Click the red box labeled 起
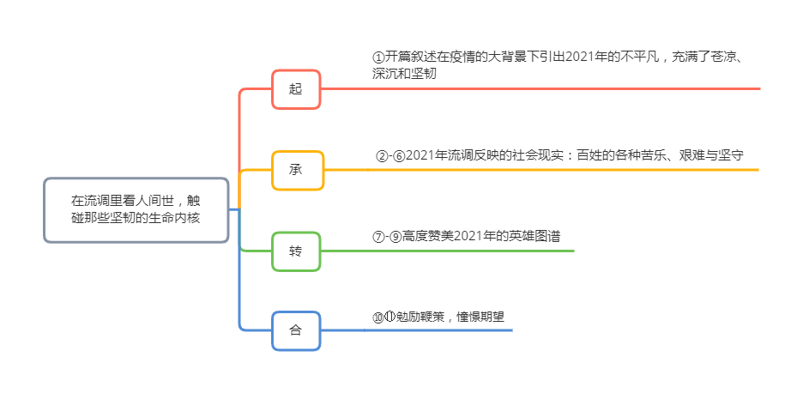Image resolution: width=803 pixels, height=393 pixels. pos(296,89)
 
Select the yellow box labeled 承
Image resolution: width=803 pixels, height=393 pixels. pos(296,170)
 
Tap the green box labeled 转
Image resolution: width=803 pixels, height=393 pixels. pos(296,251)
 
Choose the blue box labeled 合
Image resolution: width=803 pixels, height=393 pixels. pos(296,330)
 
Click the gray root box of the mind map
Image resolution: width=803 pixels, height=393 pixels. pos(136,210)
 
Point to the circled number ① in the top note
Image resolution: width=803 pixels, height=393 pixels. pos(379,57)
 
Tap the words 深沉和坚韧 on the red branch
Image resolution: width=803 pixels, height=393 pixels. pos(404,74)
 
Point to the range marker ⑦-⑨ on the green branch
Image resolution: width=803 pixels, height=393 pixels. pos(387,237)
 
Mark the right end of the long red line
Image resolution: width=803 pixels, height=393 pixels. pos(759,88)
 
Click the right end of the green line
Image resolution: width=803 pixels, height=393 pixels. pos(572,251)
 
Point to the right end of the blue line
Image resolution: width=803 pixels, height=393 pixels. pos(510,330)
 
